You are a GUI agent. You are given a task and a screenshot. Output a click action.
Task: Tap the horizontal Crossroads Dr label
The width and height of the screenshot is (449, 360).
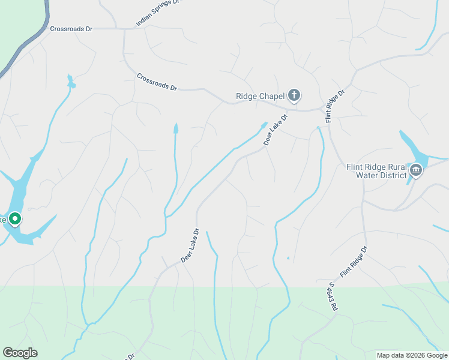tap(71, 28)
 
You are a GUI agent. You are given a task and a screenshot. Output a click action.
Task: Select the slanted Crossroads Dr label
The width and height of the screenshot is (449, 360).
tap(157, 82)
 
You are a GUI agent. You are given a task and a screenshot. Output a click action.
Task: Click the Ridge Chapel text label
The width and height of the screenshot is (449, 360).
tap(259, 95)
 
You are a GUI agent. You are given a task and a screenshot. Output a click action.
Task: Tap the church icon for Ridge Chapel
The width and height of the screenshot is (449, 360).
tap(294, 95)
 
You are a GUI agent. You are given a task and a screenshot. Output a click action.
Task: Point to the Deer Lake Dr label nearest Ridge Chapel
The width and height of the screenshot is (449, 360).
tap(276, 128)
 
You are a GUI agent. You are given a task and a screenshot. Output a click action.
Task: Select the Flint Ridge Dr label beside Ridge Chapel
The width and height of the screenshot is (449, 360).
tap(336, 107)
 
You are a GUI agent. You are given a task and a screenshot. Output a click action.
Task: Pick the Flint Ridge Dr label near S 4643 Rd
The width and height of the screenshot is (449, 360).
tap(354, 262)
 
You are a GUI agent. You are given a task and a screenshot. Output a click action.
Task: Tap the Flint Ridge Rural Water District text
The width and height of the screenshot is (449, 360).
tap(377, 171)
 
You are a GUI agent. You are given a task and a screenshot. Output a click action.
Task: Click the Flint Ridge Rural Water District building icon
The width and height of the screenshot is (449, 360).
tap(415, 171)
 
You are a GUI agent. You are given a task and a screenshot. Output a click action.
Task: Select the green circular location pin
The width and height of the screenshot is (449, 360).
tap(15, 219)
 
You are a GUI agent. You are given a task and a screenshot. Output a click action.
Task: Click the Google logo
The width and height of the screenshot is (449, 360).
tap(20, 353)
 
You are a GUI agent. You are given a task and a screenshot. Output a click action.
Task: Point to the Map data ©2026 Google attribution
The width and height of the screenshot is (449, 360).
tap(412, 355)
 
